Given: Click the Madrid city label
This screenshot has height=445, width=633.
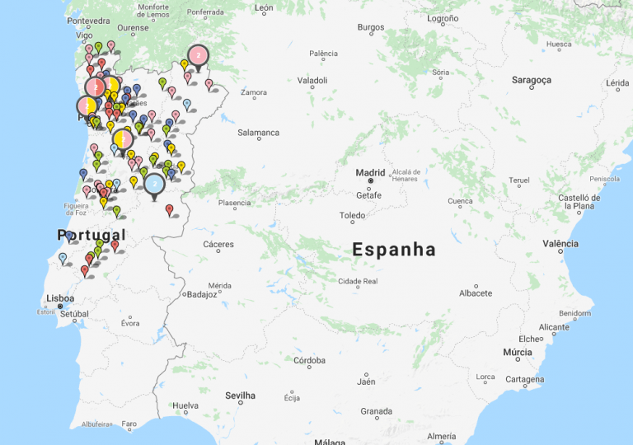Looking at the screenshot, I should tap(370, 172).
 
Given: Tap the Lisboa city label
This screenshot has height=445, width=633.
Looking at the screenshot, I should tap(60, 298).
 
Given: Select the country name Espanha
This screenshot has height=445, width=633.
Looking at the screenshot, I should tap(394, 249).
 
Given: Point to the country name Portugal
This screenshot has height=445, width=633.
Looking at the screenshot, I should tap(91, 236).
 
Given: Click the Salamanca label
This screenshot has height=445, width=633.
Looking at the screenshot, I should tap(258, 133).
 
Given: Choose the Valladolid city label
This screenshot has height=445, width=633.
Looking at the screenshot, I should tap(312, 81).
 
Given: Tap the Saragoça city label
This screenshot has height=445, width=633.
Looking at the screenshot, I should tap(531, 80).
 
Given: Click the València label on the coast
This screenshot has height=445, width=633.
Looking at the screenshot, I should tap(560, 243).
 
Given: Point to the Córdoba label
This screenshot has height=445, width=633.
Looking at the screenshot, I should tap(309, 360).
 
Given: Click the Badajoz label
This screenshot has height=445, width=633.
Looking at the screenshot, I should tap(202, 293).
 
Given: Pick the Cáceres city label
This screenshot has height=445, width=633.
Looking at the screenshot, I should tap(218, 244).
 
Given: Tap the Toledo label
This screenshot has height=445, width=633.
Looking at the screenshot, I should tap(352, 216).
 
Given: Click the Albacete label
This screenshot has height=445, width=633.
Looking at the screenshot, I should tap(475, 293).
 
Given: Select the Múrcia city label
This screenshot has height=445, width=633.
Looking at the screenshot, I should tap(517, 352).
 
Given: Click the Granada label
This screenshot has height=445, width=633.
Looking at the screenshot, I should tap(376, 410).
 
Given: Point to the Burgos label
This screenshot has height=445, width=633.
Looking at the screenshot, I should tap(371, 27).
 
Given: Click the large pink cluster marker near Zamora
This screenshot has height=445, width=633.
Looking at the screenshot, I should tap(198, 55).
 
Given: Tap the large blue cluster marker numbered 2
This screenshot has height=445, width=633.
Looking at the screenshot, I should tap(154, 183).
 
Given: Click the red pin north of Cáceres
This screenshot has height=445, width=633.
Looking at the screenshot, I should tap(170, 209).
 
